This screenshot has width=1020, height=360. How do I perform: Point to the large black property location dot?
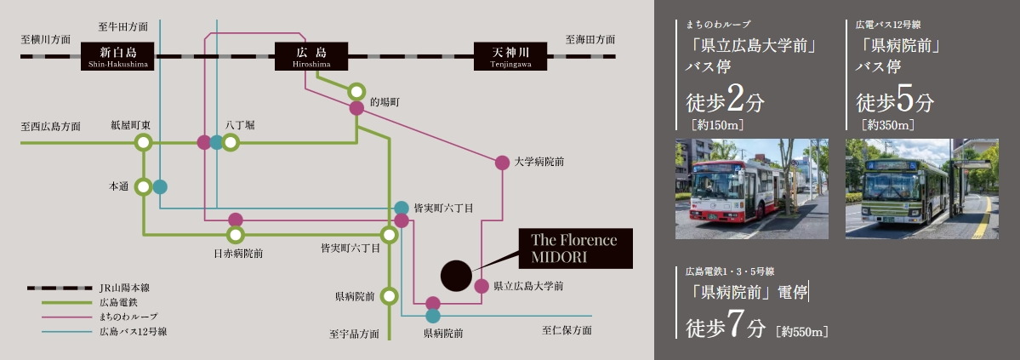(457, 275)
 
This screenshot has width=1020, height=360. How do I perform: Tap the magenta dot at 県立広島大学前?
(481, 286)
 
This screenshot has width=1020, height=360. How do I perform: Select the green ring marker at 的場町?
(356, 90)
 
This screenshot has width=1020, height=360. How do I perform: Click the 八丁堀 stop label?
(240, 124)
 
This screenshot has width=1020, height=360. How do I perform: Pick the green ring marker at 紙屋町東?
(143, 142)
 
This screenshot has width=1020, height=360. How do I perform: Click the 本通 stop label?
(117, 186)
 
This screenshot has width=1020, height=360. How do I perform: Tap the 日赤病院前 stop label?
(237, 253)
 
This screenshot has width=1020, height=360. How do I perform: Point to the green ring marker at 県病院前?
(389, 296)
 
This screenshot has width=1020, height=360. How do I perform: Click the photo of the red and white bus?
(751, 188)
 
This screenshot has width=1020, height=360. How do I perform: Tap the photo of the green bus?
(921, 188)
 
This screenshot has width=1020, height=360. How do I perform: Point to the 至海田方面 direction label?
(590, 39)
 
